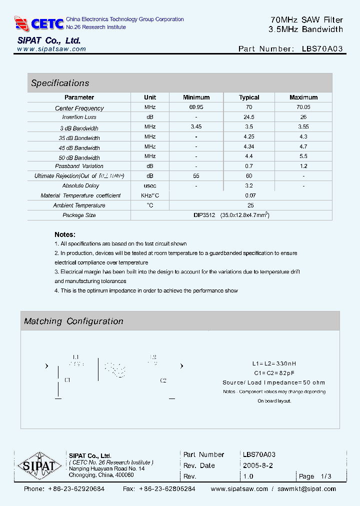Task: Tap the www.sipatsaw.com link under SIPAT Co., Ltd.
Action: [51, 49]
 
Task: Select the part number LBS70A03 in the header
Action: [322, 49]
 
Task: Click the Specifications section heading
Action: [60, 83]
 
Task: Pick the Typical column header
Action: [249, 97]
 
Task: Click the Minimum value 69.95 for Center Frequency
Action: [196, 107]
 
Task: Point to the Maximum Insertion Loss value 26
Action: [303, 117]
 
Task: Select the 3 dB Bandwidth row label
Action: [79, 128]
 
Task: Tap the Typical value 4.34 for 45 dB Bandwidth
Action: [249, 146]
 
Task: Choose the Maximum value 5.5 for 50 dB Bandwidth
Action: [303, 156]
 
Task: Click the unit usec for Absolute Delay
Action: [150, 185]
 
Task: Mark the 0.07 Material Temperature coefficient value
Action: [250, 195]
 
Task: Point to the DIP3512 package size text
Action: [204, 215]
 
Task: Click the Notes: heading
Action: [65, 234]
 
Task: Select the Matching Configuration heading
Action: [73, 321]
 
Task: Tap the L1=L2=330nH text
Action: [277, 363]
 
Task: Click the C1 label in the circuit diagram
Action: [67, 380]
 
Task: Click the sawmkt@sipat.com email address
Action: [307, 489]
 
